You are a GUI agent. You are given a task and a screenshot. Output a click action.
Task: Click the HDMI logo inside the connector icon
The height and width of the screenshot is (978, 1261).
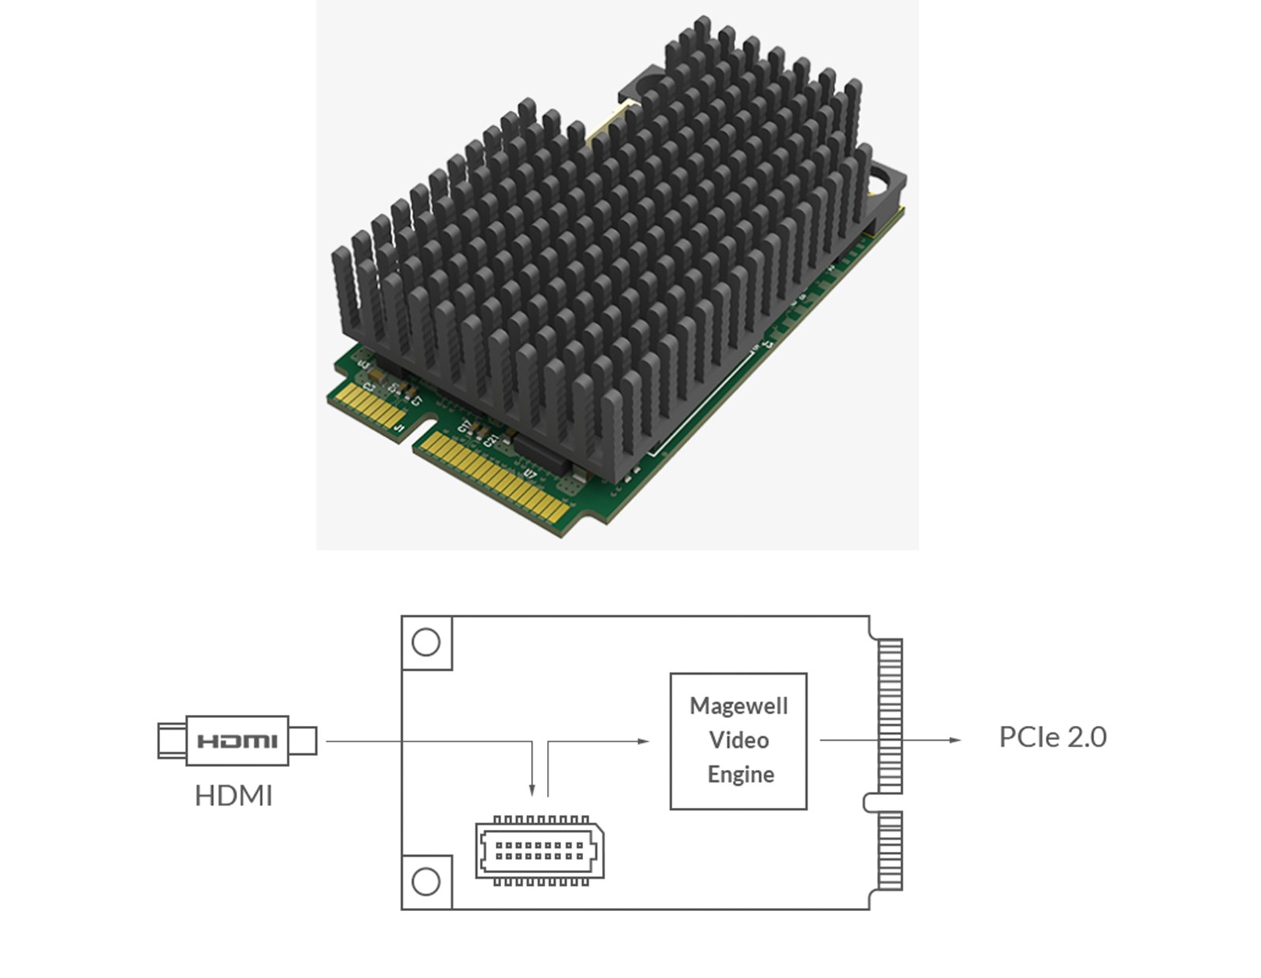237,741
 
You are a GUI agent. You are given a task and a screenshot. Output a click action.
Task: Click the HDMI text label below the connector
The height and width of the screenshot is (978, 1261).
234,796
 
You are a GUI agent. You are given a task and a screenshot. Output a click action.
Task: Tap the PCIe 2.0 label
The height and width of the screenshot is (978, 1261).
1052,738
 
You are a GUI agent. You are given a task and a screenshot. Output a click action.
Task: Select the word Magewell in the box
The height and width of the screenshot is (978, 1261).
738,706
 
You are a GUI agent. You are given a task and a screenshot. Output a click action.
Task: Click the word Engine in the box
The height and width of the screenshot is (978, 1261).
740,775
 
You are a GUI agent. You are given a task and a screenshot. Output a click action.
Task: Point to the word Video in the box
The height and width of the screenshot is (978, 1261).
738,740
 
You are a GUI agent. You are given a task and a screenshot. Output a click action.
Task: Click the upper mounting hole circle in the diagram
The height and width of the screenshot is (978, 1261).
426,642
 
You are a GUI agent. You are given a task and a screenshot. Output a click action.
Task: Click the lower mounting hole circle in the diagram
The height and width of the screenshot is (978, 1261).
426,881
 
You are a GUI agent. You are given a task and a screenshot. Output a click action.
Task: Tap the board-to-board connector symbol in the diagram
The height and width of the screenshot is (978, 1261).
540,851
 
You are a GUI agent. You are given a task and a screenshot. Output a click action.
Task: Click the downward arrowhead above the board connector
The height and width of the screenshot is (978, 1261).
533,790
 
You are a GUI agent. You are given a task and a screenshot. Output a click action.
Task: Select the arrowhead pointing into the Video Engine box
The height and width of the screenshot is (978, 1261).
644,741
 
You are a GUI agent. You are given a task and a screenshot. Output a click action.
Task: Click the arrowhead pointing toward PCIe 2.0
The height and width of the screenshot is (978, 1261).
955,740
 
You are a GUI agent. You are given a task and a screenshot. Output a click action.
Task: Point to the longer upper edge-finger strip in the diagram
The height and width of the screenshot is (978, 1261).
890,716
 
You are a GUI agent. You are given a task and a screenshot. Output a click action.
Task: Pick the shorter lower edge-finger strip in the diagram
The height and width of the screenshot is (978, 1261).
890,851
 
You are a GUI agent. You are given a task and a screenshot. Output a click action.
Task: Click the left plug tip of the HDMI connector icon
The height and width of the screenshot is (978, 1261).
168,741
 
